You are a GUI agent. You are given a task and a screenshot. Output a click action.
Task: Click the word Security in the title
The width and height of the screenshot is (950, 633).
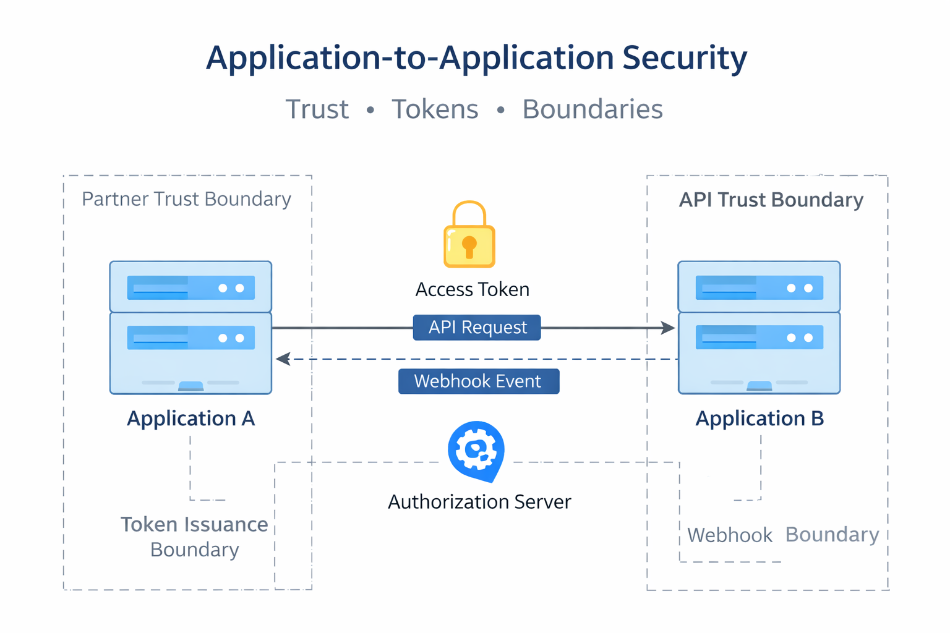(684, 58)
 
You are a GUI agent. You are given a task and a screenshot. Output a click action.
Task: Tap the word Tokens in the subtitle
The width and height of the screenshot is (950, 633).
(435, 109)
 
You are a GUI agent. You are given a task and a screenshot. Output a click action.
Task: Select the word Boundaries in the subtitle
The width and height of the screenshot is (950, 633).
(592, 109)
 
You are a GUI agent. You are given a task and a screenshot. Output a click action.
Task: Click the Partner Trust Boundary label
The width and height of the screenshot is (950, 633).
(186, 199)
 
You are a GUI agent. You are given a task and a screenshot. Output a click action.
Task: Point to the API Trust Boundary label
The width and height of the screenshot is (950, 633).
(771, 200)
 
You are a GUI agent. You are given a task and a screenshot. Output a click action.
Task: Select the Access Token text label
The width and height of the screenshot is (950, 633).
(472, 289)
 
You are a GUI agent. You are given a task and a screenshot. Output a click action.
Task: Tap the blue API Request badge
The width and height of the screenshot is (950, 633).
(477, 328)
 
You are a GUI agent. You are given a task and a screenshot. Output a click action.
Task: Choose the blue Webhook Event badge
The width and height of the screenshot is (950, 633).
(478, 381)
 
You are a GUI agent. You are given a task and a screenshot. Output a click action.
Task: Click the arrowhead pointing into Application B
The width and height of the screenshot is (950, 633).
(668, 328)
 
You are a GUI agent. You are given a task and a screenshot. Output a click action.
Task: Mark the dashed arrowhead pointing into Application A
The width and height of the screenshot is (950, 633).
(283, 359)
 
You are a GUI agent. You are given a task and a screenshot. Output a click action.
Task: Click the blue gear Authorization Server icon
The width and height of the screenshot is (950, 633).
(476, 450)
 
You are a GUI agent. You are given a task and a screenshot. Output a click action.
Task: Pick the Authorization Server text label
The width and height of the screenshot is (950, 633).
(479, 501)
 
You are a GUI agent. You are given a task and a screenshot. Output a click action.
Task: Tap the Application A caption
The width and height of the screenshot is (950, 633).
(190, 418)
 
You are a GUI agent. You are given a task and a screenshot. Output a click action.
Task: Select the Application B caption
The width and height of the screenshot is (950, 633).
(760, 418)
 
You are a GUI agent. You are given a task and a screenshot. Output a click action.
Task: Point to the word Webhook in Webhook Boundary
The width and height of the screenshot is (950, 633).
(730, 535)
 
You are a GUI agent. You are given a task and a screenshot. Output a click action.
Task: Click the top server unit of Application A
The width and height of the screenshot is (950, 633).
(190, 287)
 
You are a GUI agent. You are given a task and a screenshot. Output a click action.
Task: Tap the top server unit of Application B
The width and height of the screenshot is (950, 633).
(759, 287)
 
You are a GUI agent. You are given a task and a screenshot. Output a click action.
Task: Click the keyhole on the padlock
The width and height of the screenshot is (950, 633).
(469, 246)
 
